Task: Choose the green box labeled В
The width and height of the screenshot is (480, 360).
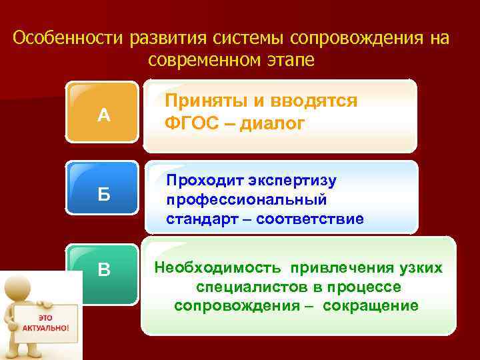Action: [x=103, y=270]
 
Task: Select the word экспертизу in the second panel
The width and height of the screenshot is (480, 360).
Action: [x=293, y=181]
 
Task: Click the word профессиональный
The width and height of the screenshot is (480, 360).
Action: [x=246, y=199]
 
